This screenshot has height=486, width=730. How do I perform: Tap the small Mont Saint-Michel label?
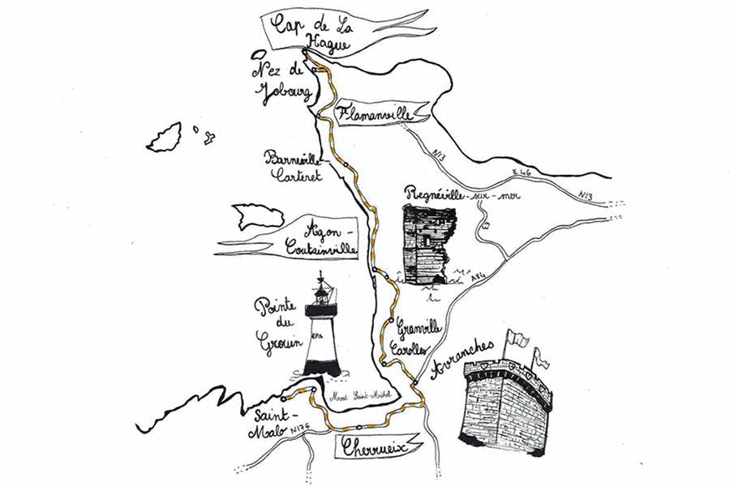click(362, 395)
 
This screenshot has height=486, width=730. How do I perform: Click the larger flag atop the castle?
click(517, 338)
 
